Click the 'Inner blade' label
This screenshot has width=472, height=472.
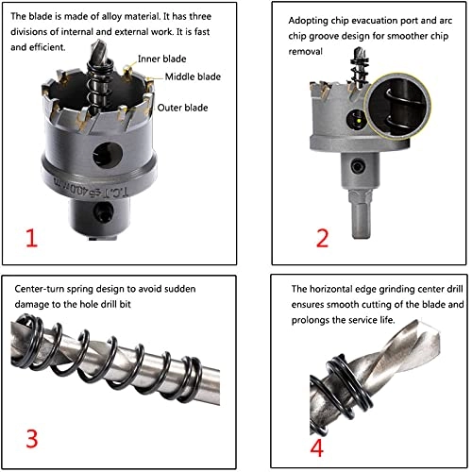[161, 59]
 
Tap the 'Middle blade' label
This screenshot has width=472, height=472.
[193, 76]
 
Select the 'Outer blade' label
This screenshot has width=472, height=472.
[182, 108]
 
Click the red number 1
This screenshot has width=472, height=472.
[32, 238]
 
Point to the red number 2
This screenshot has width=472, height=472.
[322, 238]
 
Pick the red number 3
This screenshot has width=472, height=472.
[32, 438]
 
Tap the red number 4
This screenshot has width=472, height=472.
[316, 447]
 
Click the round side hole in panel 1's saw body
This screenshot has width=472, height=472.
[108, 155]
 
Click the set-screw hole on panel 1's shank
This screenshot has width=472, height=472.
[104, 211]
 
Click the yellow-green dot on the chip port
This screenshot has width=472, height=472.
[359, 121]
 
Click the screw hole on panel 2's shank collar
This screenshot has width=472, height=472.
[358, 166]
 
